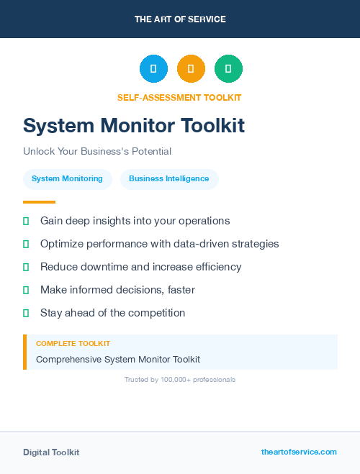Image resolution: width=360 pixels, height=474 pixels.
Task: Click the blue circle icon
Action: (153, 69)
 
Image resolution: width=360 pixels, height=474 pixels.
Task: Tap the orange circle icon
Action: (191, 69)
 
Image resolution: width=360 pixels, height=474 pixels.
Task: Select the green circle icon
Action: (228, 69)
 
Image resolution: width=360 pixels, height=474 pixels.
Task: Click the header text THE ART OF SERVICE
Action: (180, 19)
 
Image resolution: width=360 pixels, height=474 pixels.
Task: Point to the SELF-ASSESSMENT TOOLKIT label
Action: (179, 98)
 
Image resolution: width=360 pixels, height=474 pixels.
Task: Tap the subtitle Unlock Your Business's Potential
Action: (97, 152)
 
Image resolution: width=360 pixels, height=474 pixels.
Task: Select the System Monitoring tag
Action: (68, 179)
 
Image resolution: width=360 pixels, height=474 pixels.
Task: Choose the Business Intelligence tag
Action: (169, 179)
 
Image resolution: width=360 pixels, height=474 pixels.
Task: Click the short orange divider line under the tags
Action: (39, 202)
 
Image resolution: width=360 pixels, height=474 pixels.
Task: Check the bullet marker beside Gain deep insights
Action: (26, 221)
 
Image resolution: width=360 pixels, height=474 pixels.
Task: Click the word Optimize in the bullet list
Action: (62, 244)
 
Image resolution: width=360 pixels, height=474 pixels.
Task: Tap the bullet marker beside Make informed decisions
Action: (26, 290)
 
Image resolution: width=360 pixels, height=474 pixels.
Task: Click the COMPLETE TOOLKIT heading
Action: (73, 344)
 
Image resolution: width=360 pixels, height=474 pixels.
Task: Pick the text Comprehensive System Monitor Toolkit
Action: (118, 359)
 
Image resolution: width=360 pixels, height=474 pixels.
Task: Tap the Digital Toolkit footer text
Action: (51, 452)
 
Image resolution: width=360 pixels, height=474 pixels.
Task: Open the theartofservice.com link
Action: (299, 452)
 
